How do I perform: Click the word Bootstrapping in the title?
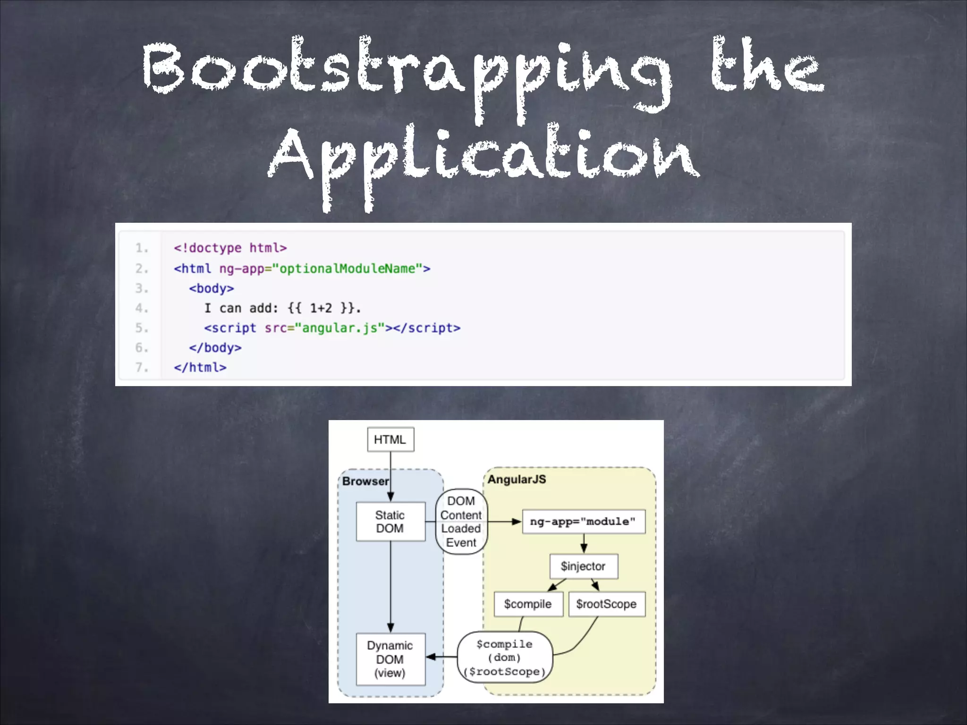[x=406, y=71]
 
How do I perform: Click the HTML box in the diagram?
[x=390, y=439]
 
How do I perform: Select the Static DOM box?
[x=390, y=522]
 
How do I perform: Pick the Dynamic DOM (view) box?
[x=390, y=659]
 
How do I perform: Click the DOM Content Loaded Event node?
[x=461, y=522]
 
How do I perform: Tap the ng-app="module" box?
[x=583, y=522]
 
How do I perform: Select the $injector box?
[x=583, y=566]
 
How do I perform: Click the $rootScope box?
[x=606, y=604]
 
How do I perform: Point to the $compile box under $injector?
[x=528, y=604]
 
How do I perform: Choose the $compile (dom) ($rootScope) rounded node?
[x=505, y=658]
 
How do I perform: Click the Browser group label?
[x=365, y=481]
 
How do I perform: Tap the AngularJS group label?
[x=517, y=480]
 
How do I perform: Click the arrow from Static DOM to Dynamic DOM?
[x=390, y=585]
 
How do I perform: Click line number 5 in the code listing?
[x=141, y=328]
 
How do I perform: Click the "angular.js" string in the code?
[x=339, y=328]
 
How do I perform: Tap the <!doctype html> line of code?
[x=230, y=248]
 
